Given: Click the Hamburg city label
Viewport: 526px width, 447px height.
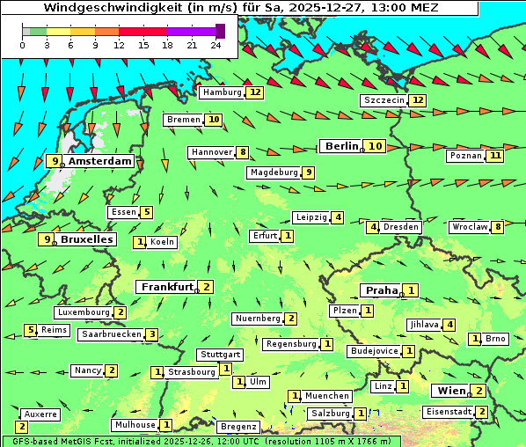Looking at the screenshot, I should (221, 92).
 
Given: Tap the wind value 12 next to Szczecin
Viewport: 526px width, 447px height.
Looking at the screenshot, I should (417, 100).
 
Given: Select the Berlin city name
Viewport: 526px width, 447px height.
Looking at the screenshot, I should (340, 146).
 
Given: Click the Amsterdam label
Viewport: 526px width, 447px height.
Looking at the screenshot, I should (99, 161).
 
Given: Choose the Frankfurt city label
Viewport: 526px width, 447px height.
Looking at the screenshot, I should (167, 287).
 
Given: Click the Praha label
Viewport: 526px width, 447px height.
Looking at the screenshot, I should (382, 290).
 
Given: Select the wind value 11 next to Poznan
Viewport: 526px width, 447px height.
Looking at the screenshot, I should (495, 156).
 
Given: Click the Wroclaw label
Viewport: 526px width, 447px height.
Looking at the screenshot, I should (469, 227).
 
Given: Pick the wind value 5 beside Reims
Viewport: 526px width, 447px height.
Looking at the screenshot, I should (31, 330).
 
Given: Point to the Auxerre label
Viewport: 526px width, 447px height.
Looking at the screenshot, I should (40, 414).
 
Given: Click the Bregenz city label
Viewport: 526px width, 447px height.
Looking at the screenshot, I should (237, 427).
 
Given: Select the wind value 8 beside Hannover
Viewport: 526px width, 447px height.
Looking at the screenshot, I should (243, 152).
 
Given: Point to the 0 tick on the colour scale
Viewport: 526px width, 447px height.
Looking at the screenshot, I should (23, 45).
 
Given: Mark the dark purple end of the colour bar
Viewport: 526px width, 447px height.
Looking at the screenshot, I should (220, 31).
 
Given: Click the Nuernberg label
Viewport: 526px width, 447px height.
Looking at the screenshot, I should (258, 319).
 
